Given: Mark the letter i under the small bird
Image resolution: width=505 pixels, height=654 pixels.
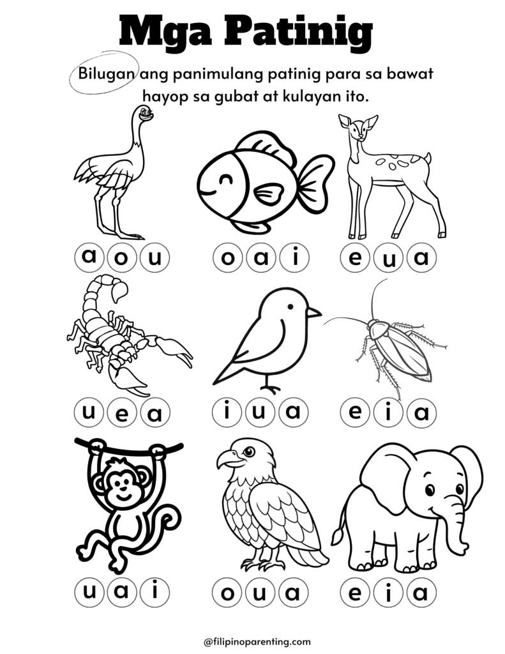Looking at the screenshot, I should (x=227, y=413).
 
